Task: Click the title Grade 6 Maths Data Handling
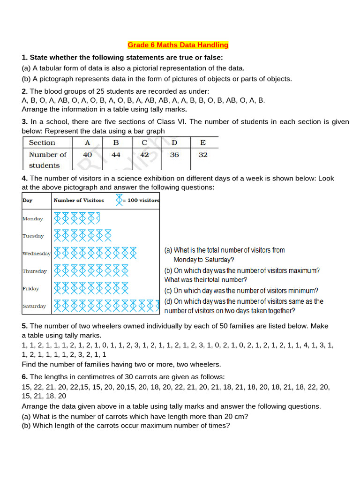pos(178,45)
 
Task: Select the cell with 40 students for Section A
pos(88,155)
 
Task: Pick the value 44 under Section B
pos(116,155)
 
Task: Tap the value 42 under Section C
pos(144,155)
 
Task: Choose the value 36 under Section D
pos(174,155)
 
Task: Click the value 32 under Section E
pos(203,155)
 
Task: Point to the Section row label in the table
pos(42,142)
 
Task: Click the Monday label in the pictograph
pos(32,219)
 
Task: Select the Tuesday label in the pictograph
pos(33,236)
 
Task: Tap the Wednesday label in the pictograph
pos(36,254)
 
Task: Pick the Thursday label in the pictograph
pos(34,271)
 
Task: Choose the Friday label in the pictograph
pos(30,289)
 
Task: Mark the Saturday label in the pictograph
pos(34,307)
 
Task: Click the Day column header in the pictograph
pos(27,200)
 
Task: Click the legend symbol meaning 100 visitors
pos(119,200)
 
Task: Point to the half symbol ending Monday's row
pos(98,218)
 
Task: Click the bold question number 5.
pos(24,326)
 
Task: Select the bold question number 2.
pos(24,91)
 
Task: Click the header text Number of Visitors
pos(79,200)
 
